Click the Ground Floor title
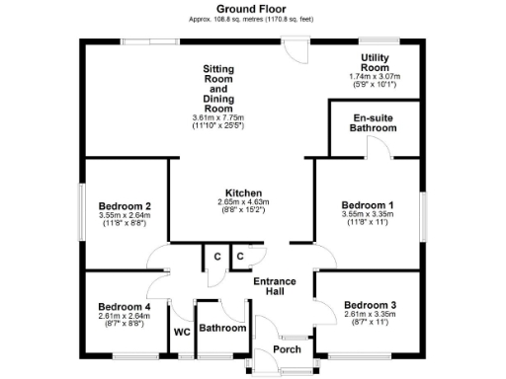252,8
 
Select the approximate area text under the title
252,19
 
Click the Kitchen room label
242,192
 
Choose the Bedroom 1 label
368,202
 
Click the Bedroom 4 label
124,306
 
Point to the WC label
182,332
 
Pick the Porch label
287,349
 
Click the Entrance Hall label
274,287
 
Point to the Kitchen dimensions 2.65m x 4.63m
242,202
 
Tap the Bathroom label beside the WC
222,328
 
